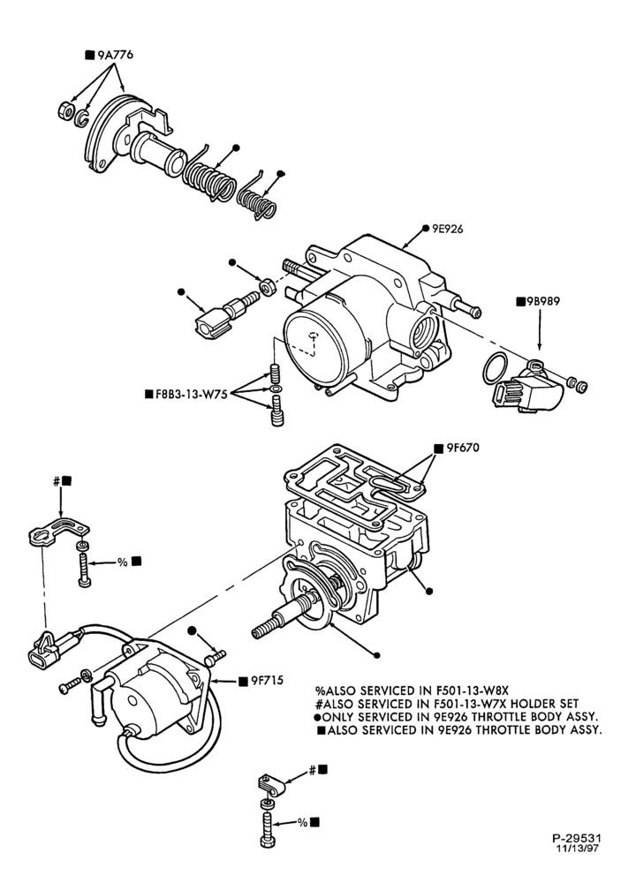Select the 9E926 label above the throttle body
[448, 229]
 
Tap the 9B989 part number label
[543, 301]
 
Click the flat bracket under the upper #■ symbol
[58, 529]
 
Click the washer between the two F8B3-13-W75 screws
[276, 389]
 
